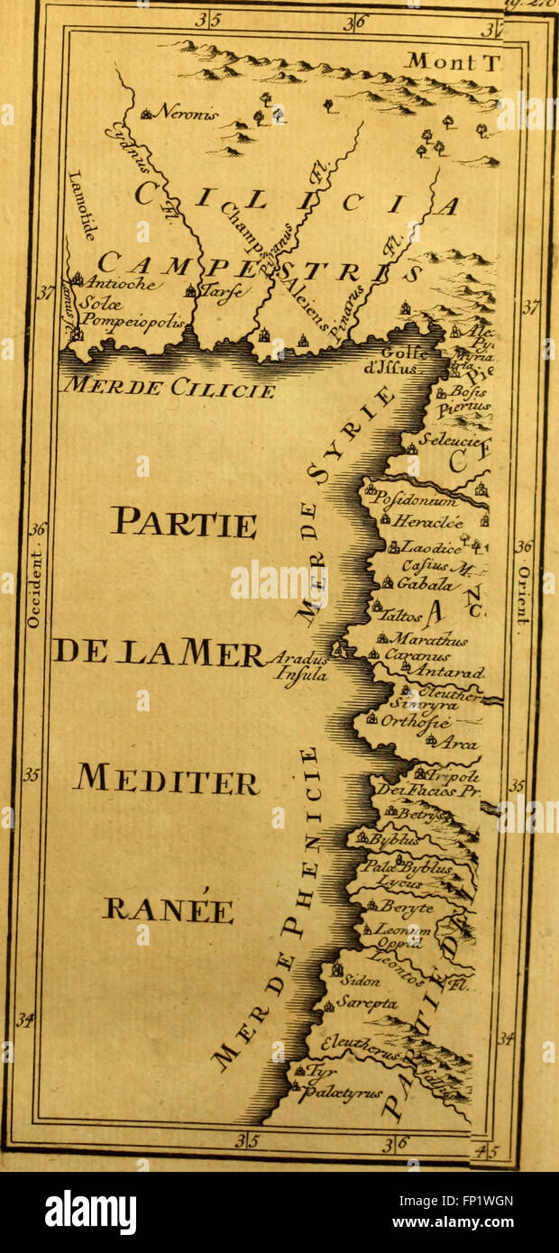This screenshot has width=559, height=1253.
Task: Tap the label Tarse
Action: [220, 291]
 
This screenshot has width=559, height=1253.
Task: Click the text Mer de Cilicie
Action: [168, 389]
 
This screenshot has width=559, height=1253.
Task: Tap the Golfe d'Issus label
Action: [404, 360]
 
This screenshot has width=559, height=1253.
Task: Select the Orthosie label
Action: [415, 720]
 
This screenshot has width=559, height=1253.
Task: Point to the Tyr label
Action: [321, 1071]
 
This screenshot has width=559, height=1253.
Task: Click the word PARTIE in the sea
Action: [183, 522]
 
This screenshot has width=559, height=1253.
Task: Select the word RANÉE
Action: [168, 909]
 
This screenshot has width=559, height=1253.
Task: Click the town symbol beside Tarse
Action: [190, 291]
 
